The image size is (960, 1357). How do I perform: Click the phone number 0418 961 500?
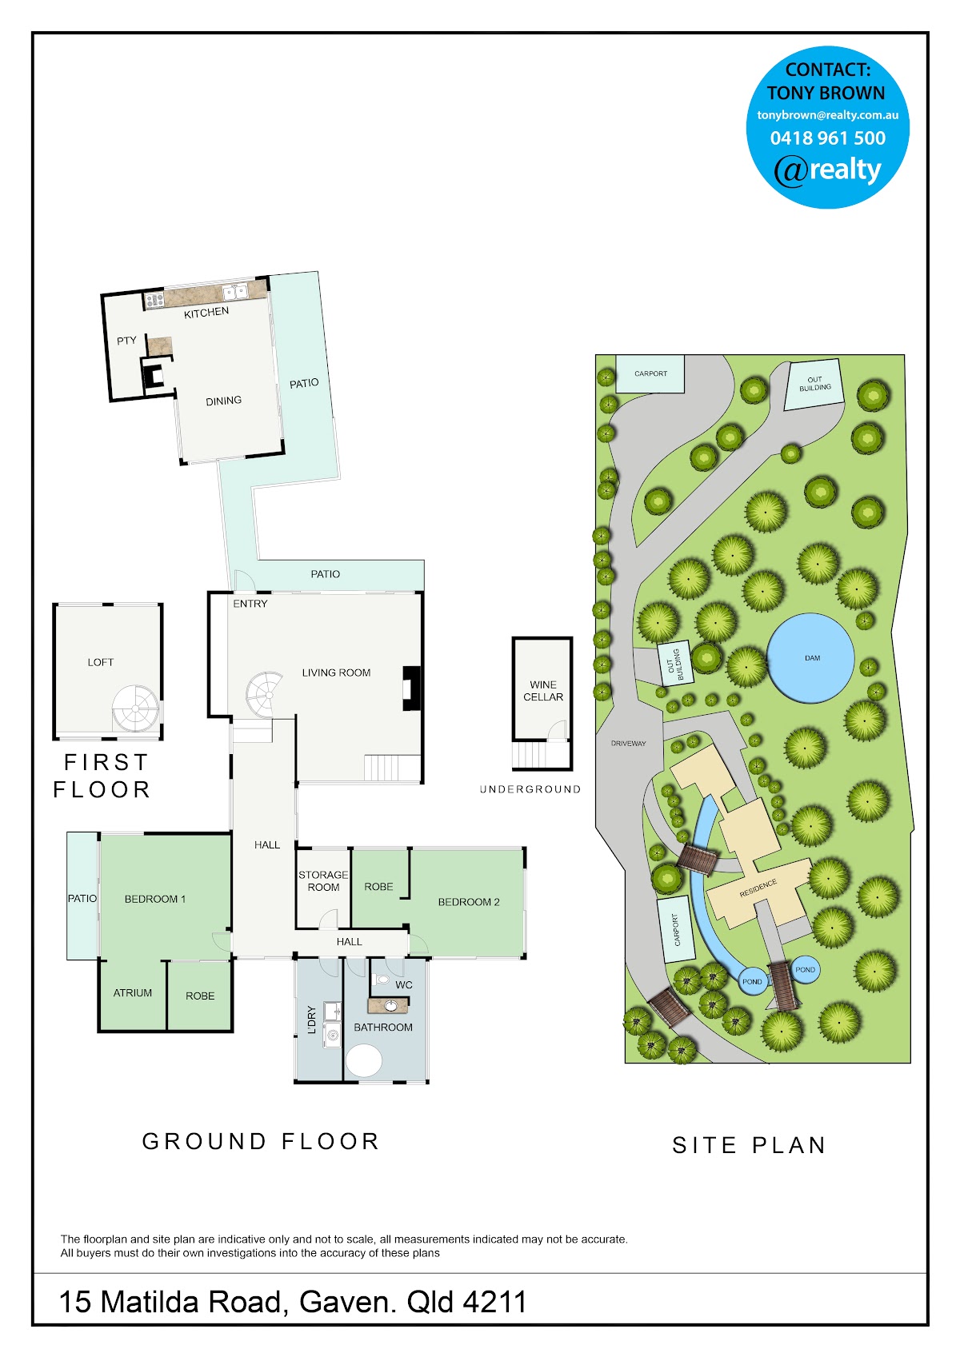point(827,138)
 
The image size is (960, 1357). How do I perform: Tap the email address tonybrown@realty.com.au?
point(827,114)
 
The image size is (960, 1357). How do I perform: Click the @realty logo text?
point(827,170)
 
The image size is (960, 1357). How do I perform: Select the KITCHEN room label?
point(206,312)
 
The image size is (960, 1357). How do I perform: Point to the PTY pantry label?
point(126,341)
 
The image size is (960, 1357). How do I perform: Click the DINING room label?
point(224,401)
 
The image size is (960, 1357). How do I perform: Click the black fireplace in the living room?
point(412,688)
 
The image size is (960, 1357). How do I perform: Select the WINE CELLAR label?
point(543,691)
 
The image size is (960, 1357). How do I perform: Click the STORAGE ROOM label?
point(323,881)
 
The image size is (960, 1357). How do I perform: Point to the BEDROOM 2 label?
point(469,901)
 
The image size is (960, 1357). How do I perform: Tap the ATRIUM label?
point(133,992)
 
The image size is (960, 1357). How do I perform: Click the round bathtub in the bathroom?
point(364,1060)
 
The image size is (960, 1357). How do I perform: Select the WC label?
point(404,985)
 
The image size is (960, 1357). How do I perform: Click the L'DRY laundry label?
point(311,1020)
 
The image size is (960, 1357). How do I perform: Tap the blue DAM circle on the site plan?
point(810,658)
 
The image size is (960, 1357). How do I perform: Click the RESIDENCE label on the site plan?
point(758,888)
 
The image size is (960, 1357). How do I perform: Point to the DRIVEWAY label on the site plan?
point(629,744)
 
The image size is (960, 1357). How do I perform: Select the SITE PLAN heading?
point(749,1145)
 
